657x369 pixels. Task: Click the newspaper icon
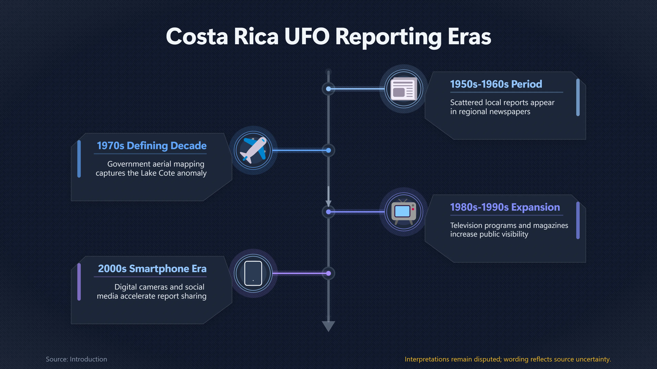click(x=404, y=89)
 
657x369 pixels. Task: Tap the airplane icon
click(x=253, y=150)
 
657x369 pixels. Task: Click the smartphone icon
click(x=253, y=273)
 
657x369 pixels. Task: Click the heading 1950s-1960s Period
click(x=496, y=84)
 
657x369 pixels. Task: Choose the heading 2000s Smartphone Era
click(x=152, y=269)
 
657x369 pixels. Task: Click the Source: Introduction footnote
click(x=76, y=359)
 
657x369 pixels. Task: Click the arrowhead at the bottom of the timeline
click(x=328, y=326)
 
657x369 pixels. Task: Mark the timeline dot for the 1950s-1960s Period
click(x=328, y=89)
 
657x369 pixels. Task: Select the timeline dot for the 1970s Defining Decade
click(x=328, y=150)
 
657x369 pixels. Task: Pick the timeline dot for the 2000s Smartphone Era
click(x=328, y=273)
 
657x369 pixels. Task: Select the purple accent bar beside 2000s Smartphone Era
click(x=79, y=282)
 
